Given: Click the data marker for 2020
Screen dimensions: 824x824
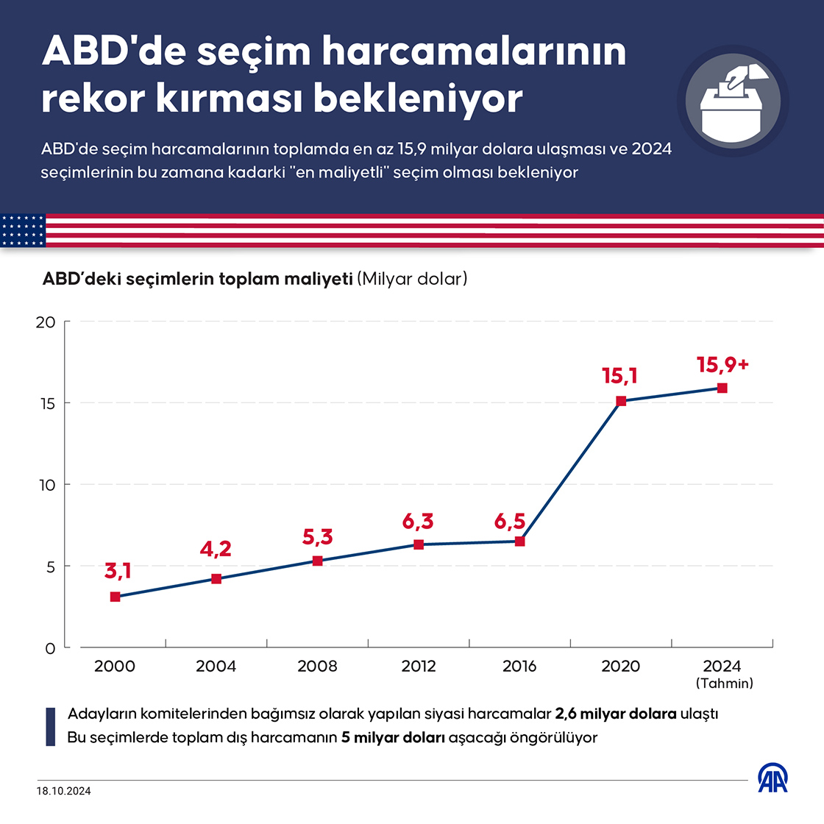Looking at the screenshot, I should coord(621,401).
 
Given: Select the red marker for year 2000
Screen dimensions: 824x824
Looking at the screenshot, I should coord(115,597).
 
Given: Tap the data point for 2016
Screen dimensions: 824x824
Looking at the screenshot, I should coord(519,541).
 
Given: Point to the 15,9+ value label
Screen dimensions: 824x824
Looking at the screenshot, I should coord(722,364).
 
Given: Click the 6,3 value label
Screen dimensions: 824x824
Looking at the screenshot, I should coord(418,522).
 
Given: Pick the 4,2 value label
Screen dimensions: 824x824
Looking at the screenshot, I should coord(216,549).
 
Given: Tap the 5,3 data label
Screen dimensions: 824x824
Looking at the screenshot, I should coord(318,537).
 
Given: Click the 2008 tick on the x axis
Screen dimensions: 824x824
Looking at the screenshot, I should coord(317,666).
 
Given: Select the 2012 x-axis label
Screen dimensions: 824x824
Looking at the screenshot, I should coord(419,666).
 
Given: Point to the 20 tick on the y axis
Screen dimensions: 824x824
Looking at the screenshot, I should coord(46,322).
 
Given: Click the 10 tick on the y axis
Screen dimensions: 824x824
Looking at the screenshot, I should coord(46,485).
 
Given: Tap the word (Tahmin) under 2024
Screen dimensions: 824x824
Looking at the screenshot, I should coord(724,683).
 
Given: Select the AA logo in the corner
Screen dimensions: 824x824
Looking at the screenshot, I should coord(774,778).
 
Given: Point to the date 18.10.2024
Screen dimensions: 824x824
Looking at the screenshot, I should coord(64,792).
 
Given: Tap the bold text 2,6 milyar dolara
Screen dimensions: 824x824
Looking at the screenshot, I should coord(616,714).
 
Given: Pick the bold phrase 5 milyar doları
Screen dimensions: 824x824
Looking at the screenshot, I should coord(394,737).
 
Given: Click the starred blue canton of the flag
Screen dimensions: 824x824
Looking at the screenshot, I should coord(23,230).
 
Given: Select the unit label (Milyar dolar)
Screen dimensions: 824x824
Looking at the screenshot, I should coord(412,280).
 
